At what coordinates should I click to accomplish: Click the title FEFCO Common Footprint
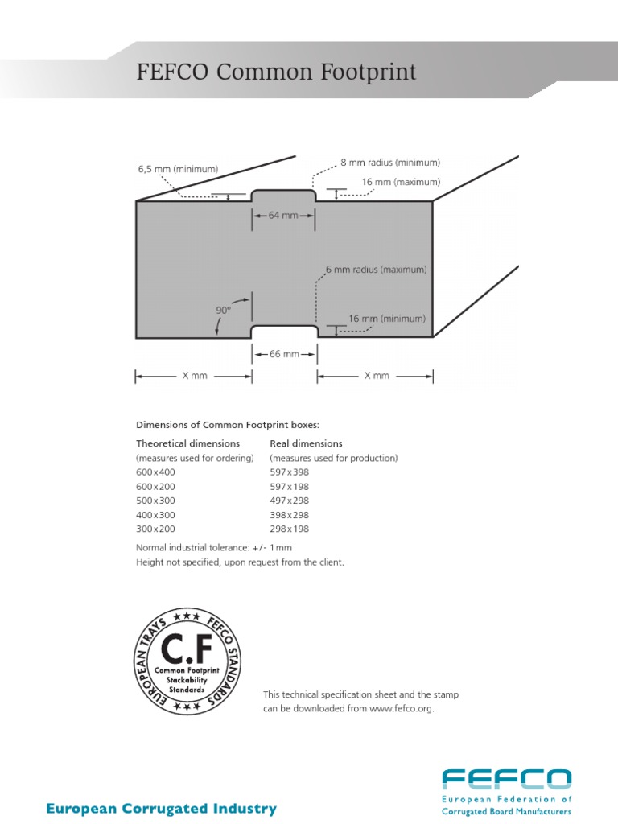point(278,72)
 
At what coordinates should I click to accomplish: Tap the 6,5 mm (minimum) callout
point(179,169)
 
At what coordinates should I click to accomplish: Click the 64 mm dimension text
point(283,216)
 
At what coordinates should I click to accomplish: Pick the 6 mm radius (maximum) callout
point(376,270)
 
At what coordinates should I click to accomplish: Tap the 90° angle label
point(224,309)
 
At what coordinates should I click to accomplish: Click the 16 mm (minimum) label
point(387,319)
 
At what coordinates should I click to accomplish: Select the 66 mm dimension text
point(284,354)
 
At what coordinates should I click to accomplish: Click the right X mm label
point(377,376)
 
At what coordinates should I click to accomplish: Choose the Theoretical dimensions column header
point(187,443)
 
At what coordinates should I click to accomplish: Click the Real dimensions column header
point(306,443)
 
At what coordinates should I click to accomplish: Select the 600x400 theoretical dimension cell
point(155,472)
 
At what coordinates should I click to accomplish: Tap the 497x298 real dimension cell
point(289,501)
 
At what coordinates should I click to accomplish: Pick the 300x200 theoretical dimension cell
point(155,529)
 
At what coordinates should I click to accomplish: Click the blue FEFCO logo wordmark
point(507,780)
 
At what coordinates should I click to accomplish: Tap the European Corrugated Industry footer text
point(161,809)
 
